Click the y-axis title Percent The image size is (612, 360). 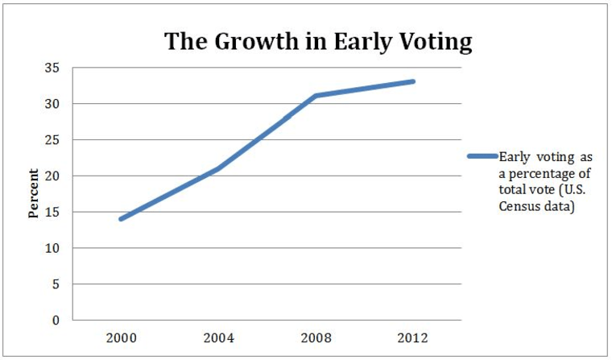click(34, 193)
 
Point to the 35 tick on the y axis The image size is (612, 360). click(53, 68)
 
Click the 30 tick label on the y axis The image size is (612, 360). click(53, 104)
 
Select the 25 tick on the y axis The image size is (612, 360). click(53, 140)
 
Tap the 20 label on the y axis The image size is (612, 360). click(53, 176)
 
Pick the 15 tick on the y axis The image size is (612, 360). click(53, 213)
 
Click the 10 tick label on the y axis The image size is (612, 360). click(53, 249)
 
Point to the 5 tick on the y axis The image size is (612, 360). click(56, 284)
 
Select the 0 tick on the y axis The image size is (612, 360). click(56, 321)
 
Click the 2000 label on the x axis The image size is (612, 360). click(121, 337)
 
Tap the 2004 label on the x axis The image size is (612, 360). click(218, 337)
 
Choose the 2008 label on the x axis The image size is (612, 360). click(316, 337)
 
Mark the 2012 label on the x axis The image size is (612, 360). click(413, 337)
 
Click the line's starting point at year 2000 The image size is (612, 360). click(121, 219)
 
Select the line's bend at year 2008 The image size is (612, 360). click(316, 96)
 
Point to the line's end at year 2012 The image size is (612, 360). click(413, 81)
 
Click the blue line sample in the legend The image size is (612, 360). click(482, 156)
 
